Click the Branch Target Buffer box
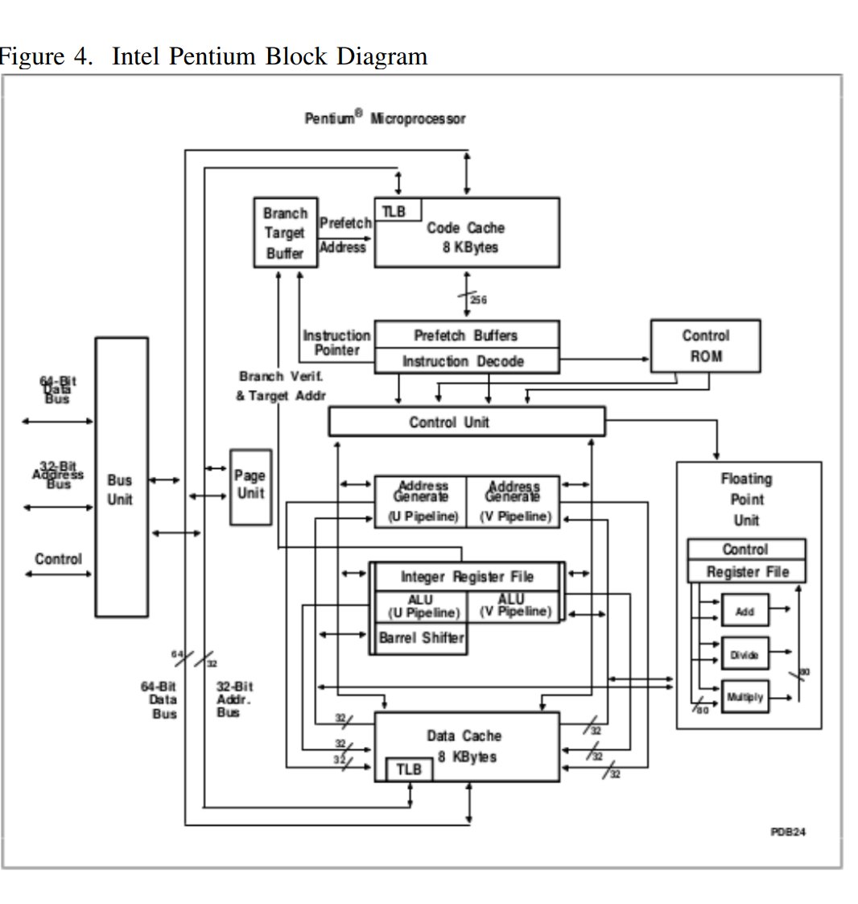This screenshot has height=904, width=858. pyautogui.click(x=285, y=233)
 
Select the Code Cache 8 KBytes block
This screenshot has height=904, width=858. pyautogui.click(x=475, y=238)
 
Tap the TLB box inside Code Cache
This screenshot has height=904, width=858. pyautogui.click(x=394, y=211)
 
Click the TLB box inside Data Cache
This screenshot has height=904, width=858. pyautogui.click(x=408, y=769)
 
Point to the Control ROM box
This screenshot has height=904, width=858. pyautogui.click(x=705, y=346)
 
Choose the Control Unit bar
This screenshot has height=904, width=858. pyautogui.click(x=466, y=421)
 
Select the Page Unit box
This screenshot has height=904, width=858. pyautogui.click(x=250, y=487)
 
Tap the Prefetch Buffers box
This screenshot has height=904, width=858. pyautogui.click(x=467, y=335)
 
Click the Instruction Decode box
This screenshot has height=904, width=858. pyautogui.click(x=467, y=362)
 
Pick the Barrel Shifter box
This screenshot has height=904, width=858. pyautogui.click(x=421, y=638)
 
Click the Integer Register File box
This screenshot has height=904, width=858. pyautogui.click(x=467, y=577)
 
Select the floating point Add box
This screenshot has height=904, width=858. pyautogui.click(x=745, y=612)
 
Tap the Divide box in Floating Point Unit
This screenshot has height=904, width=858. pyautogui.click(x=745, y=655)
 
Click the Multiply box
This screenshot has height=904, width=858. pyautogui.click(x=745, y=698)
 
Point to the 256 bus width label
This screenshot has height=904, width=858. pyautogui.click(x=479, y=300)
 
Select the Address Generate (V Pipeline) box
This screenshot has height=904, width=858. pyautogui.click(x=514, y=502)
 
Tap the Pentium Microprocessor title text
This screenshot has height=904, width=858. pyautogui.click(x=385, y=118)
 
